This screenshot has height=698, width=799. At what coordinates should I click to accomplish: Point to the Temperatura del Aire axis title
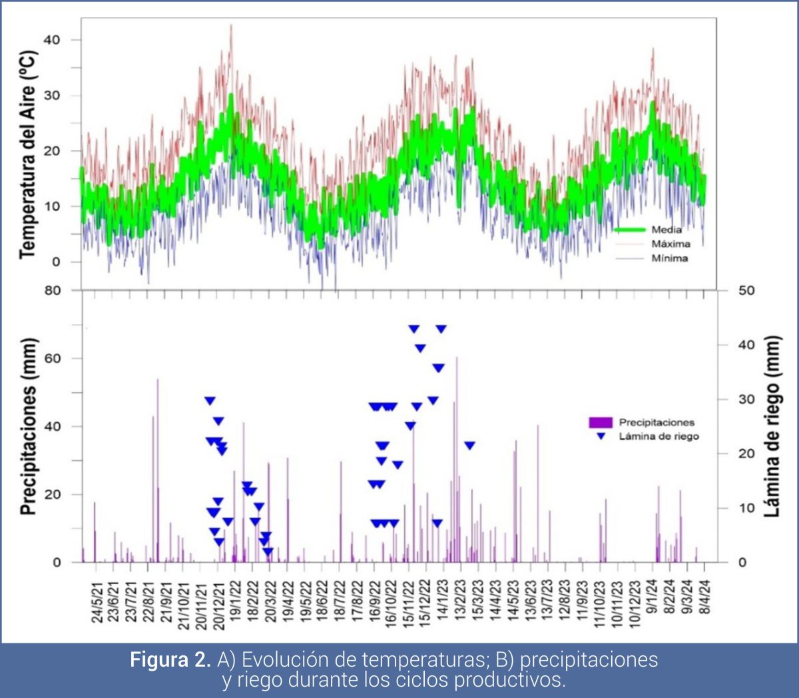(27, 154)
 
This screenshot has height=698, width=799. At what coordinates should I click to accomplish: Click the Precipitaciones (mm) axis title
(27, 426)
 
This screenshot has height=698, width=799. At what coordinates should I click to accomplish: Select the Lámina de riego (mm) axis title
(772, 426)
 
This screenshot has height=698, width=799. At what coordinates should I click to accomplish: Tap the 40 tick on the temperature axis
(52, 40)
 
